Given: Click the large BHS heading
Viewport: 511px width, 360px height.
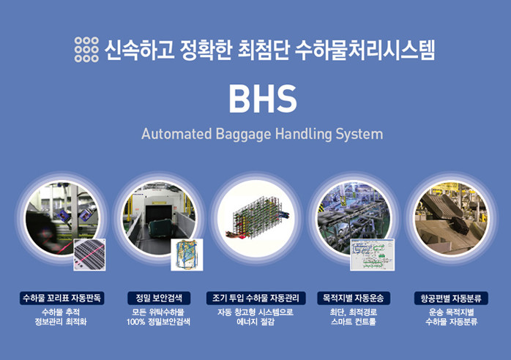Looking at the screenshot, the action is pos(263,99).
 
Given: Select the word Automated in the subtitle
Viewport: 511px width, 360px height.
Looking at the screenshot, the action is pos(176,134).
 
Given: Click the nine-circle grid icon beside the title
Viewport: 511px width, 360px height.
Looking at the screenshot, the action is pos(86,50).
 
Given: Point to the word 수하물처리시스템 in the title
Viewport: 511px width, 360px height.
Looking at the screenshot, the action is pos(365,50).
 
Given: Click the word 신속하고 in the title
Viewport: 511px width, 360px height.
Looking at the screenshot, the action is pos(140,50).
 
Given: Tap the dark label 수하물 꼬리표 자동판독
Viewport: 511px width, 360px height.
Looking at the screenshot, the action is pos(62,298).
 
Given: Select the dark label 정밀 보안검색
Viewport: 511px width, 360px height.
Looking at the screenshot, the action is pos(159,298).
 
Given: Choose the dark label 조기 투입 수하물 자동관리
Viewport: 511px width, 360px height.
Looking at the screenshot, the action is pos(255,298).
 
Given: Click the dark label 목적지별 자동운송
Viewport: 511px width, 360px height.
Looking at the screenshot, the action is pos(354,298).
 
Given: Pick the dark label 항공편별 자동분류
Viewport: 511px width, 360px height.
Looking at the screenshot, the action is pos(451,298).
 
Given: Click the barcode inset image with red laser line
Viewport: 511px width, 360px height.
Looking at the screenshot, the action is pos(89,255).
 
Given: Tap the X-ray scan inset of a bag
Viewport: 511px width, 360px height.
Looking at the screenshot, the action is pos(187,255).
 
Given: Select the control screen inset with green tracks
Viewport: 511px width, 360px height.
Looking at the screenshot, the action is pos(373,255).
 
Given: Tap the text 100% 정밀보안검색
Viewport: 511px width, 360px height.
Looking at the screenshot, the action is pos(158,322).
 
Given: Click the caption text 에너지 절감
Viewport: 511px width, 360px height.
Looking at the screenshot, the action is pos(255,322).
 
